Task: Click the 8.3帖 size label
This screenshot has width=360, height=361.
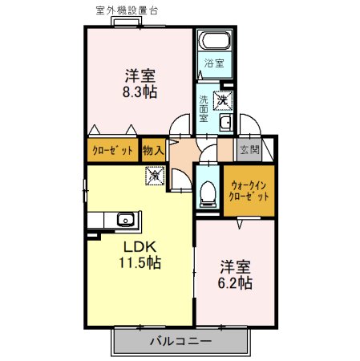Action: [139, 92]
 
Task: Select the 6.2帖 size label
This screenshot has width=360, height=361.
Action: [235, 283]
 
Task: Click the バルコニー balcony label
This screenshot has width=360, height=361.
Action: [180, 341]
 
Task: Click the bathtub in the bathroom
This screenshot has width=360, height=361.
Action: [214, 42]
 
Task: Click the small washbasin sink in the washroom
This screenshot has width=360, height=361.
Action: [224, 123]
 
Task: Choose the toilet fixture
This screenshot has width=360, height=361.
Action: [208, 190]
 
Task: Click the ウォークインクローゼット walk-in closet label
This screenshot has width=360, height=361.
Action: [249, 190]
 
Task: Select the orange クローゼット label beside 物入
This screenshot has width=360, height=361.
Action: [112, 151]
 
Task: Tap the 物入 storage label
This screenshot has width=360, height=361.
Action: [153, 150]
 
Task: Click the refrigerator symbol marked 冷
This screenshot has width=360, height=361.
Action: [153, 172]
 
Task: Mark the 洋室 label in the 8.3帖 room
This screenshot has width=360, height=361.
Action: [139, 76]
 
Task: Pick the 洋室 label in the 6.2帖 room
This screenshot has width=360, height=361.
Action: [235, 266]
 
